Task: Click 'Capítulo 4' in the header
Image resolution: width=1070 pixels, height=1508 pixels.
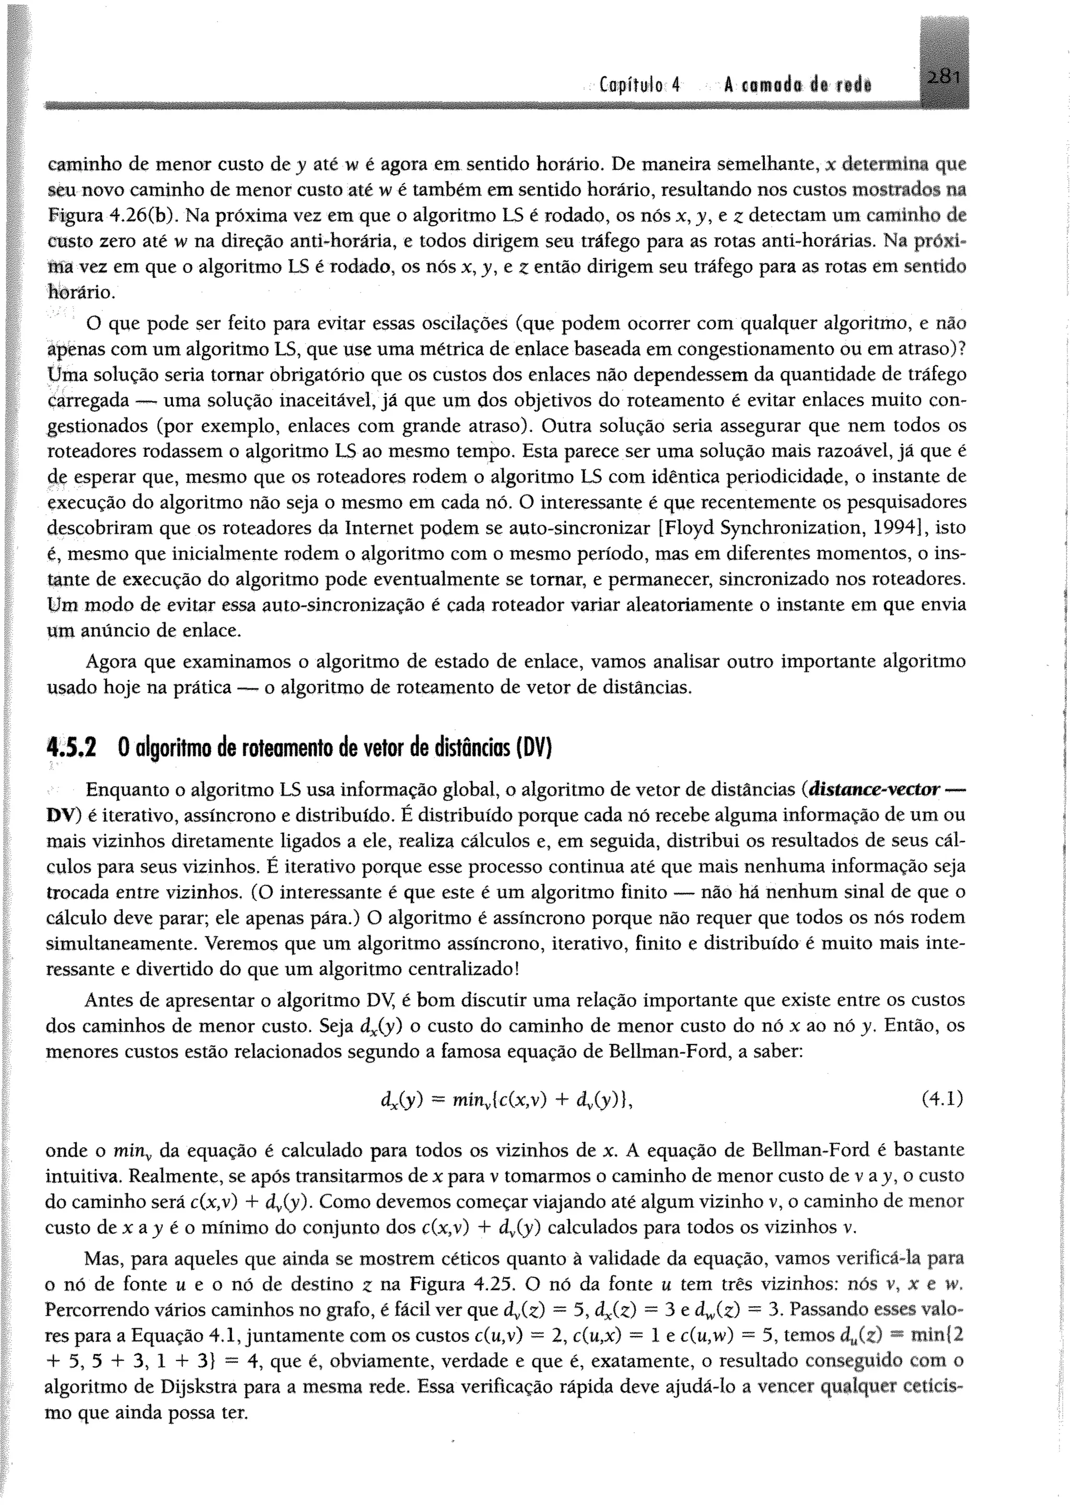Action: click(x=639, y=86)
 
